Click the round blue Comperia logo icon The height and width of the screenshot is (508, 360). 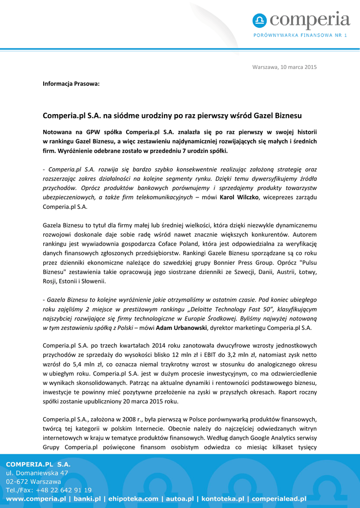[x=259, y=20]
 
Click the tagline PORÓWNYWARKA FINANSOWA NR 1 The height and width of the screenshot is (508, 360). [x=300, y=35]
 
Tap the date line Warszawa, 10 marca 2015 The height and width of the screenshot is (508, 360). [x=284, y=67]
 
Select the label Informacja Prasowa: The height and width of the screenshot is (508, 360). [x=71, y=83]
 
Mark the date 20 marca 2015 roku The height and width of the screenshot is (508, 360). [x=149, y=401]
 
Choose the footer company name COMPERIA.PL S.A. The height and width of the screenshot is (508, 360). [x=38, y=464]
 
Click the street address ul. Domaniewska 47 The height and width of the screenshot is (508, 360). [x=37, y=473]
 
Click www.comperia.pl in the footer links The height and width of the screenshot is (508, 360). [x=36, y=499]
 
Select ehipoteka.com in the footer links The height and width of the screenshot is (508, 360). [x=133, y=499]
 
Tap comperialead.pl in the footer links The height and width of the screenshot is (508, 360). [x=280, y=499]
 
